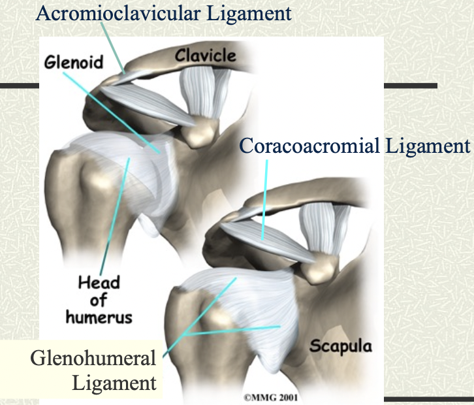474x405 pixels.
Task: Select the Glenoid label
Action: pyautogui.click(x=74, y=63)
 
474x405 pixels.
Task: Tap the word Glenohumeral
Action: pyautogui.click(x=93, y=358)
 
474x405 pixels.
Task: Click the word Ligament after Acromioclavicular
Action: pyautogui.click(x=250, y=12)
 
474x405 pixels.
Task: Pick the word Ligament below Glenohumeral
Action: pyautogui.click(x=116, y=382)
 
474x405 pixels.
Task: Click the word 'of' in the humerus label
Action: pyautogui.click(x=100, y=300)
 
